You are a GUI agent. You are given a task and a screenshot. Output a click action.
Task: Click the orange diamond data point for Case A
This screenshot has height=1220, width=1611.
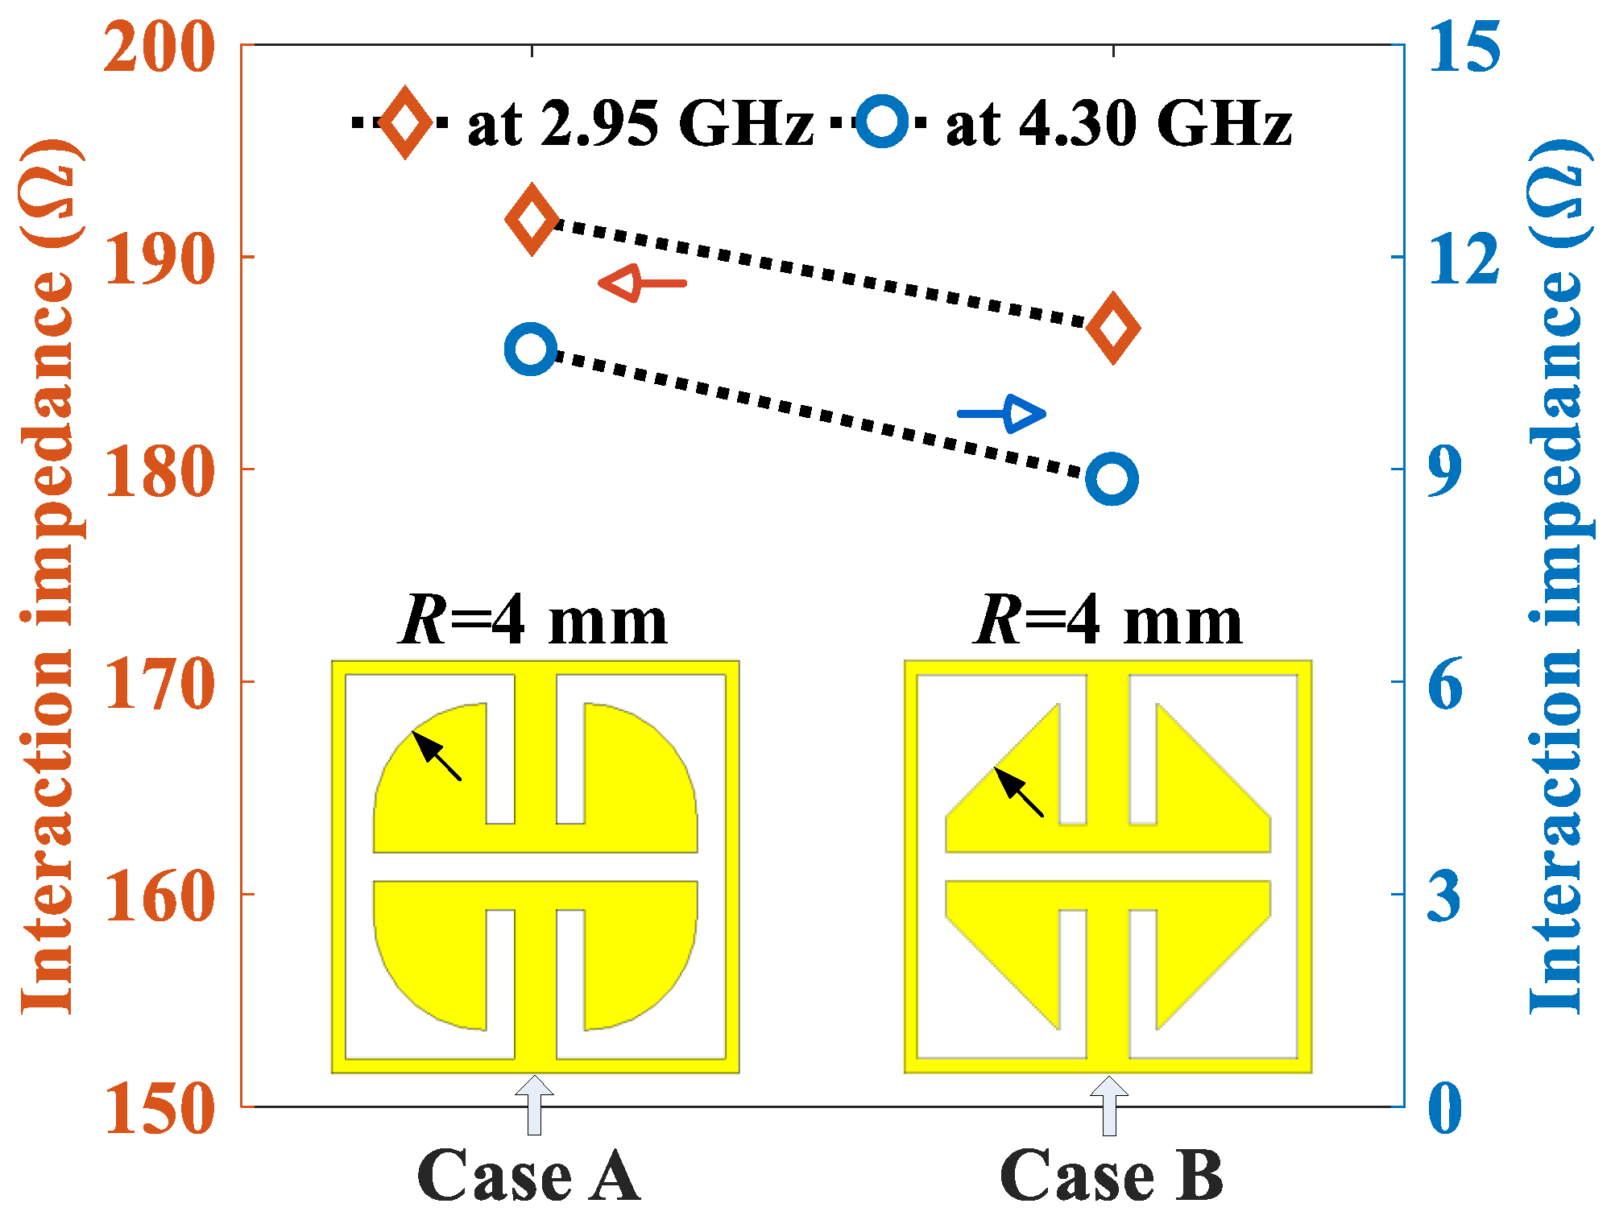click(x=531, y=218)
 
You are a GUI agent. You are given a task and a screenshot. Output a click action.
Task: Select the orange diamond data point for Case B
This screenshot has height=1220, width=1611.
click(x=1113, y=328)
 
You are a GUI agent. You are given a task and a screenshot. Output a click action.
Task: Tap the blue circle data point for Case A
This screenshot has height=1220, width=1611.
click(x=531, y=349)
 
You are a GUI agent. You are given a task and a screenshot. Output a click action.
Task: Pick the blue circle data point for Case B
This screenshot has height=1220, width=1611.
click(x=1112, y=479)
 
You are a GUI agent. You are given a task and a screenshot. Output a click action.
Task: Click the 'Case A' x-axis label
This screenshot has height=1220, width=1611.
click(x=528, y=1176)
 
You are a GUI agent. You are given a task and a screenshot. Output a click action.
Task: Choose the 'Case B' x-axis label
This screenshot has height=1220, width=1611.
click(x=1112, y=1176)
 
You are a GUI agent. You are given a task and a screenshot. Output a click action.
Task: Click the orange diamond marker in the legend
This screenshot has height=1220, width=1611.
click(x=405, y=122)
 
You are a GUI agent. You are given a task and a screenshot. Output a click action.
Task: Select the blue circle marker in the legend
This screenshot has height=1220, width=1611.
click(x=882, y=122)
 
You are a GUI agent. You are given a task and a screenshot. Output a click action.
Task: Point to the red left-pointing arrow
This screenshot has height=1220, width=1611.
click(x=642, y=283)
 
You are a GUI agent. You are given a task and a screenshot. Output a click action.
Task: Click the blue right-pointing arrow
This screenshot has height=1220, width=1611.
click(x=1002, y=415)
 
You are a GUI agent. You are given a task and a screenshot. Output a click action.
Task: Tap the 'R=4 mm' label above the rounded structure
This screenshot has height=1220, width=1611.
click(x=533, y=622)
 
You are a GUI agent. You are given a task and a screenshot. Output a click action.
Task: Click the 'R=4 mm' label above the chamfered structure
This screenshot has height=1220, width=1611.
click(x=1108, y=622)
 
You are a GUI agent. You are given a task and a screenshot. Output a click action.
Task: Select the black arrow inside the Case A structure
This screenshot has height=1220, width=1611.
click(x=436, y=755)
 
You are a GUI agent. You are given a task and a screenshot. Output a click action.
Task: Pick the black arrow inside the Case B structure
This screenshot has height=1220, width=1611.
click(x=1018, y=792)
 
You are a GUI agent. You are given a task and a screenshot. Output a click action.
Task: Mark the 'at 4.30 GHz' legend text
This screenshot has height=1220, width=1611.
click(x=1119, y=125)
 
